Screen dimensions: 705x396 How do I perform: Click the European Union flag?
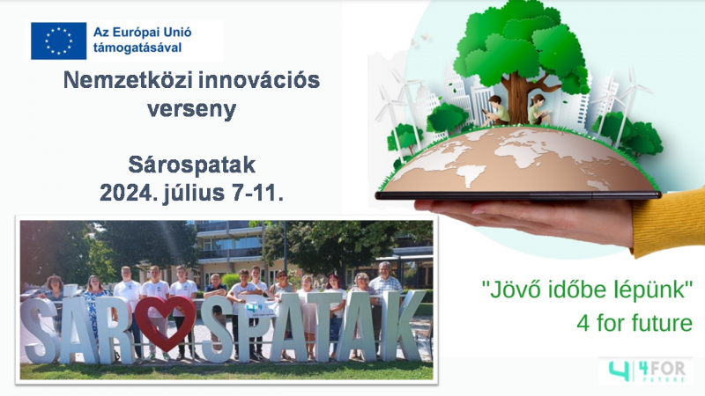tap(58, 40)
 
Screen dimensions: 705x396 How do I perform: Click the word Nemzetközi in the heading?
tap(128, 80)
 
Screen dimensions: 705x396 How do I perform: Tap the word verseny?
tap(191, 109)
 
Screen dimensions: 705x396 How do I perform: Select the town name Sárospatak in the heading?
tap(192, 165)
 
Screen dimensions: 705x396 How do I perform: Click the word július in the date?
tap(193, 194)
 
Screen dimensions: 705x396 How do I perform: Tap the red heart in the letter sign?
tap(165, 322)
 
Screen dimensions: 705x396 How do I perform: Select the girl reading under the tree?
tap(539, 109)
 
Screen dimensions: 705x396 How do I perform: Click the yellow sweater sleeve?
tap(670, 223)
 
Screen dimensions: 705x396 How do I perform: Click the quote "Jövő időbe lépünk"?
tap(587, 290)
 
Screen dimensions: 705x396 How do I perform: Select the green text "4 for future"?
tap(634, 323)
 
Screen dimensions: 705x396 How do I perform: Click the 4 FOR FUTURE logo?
tap(646, 370)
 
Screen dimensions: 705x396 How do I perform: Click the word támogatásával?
tap(137, 48)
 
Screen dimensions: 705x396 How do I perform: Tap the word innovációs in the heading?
tap(259, 80)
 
